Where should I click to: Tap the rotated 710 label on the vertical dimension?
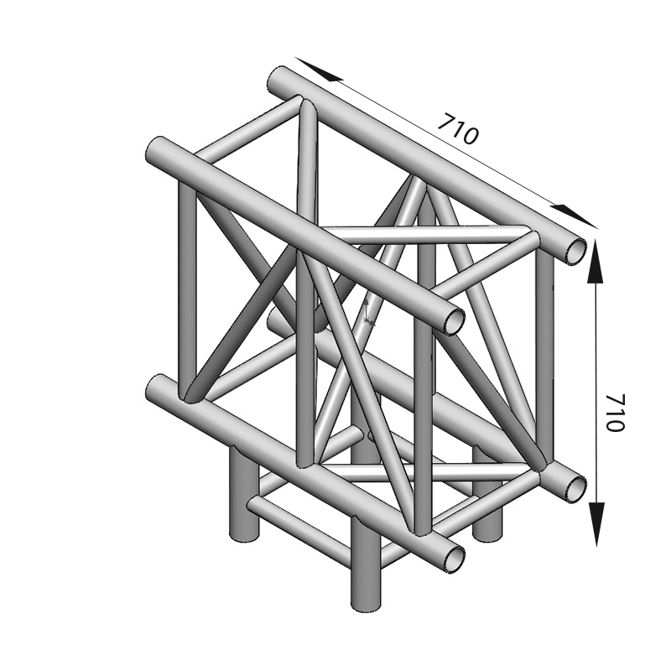click(616, 412)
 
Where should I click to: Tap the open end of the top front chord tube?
click(454, 321)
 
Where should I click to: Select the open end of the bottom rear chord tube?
click(575, 488)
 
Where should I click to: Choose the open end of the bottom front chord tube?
click(454, 559)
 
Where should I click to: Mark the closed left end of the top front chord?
click(155, 150)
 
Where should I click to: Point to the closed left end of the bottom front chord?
click(155, 388)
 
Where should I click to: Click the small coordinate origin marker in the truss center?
click(367, 312)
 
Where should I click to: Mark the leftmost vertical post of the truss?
click(187, 291)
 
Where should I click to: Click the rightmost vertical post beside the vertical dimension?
click(544, 360)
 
